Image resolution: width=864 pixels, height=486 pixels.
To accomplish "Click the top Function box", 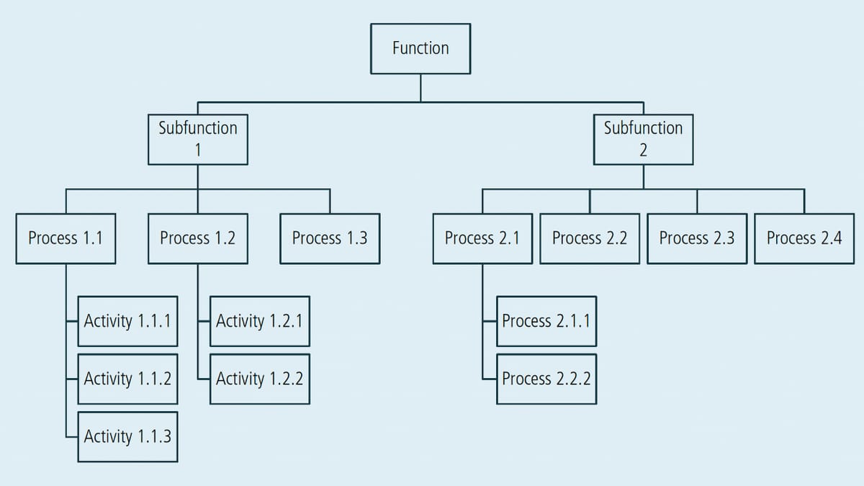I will (420, 48).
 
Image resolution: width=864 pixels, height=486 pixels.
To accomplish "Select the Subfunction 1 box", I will (198, 139).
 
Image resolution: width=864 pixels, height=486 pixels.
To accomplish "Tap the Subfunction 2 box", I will (643, 139).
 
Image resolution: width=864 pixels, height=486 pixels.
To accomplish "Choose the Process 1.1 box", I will (66, 238).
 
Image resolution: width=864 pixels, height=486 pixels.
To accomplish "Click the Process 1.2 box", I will (198, 238).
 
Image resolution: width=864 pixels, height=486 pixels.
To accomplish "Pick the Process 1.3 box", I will (330, 238).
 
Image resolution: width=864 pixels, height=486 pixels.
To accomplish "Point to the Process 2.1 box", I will (482, 238).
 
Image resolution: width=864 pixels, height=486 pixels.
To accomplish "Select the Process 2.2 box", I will (590, 238).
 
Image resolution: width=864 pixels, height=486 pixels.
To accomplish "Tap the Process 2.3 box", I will (697, 238).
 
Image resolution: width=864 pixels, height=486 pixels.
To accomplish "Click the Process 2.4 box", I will (804, 238).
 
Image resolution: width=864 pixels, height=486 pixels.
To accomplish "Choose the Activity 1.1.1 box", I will (127, 321).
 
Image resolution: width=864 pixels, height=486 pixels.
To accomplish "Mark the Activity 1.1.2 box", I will (127, 379).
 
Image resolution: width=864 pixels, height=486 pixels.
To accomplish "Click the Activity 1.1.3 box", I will (127, 436).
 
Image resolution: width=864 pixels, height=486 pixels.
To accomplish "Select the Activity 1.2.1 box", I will (260, 321).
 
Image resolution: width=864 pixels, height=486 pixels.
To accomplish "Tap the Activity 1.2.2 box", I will (260, 379).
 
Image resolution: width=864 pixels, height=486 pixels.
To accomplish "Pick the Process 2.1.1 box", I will (546, 321).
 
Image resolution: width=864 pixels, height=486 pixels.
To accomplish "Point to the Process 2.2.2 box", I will (546, 379).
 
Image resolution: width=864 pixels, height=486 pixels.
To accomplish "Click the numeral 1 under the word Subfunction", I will (198, 150).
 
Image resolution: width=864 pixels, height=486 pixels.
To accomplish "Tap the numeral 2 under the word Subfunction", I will (643, 150).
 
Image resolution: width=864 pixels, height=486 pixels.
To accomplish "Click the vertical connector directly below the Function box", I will (420, 87).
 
